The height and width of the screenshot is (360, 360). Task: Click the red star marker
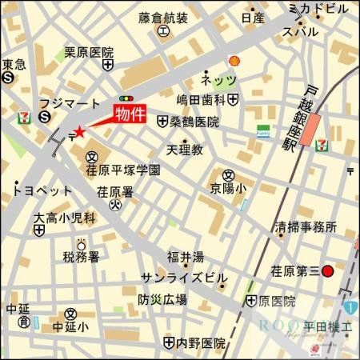[78, 132]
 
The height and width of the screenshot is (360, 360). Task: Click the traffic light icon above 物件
[125, 96]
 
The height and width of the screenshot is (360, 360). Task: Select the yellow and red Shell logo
[234, 61]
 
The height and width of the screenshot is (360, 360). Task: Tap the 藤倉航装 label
[162, 18]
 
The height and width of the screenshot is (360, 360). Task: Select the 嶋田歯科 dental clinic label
[200, 99]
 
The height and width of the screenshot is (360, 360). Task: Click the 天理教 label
[185, 149]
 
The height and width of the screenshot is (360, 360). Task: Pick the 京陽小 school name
[228, 188]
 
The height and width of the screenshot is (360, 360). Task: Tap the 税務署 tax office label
[81, 257]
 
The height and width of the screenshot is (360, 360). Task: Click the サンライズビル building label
[183, 278]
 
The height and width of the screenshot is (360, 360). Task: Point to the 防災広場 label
[162, 300]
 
